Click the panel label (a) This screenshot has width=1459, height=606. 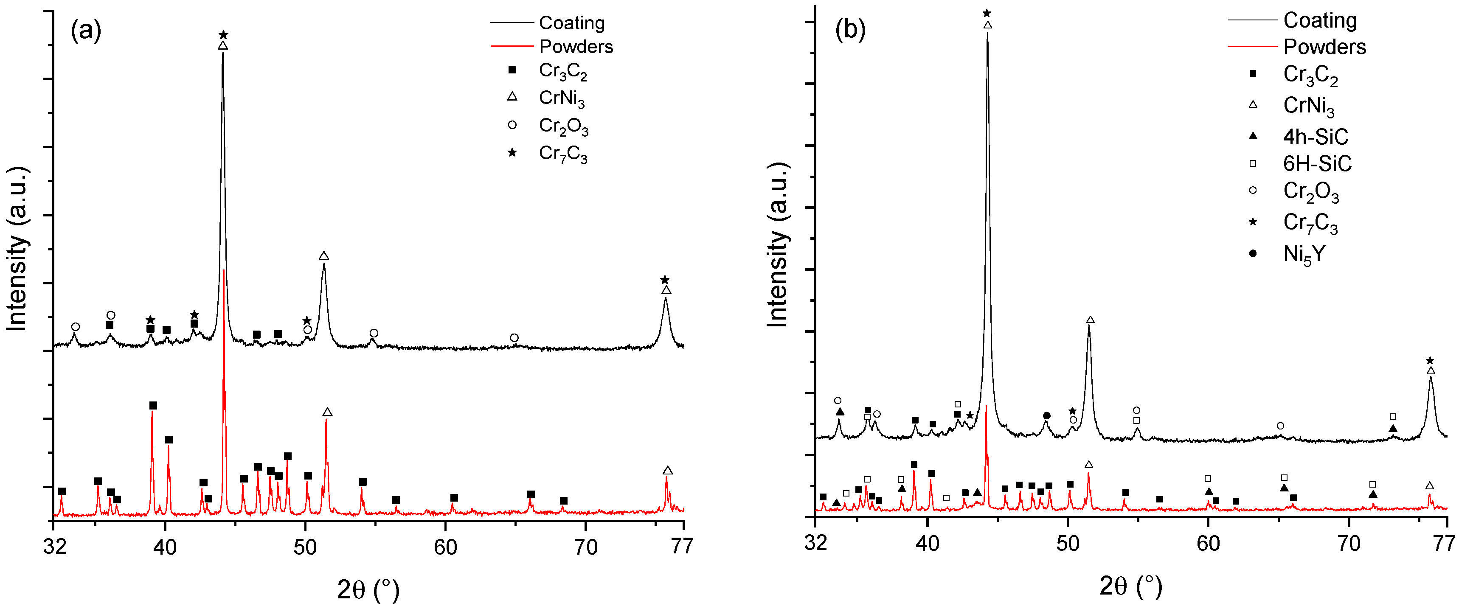85,30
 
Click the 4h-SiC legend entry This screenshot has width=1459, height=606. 1315,137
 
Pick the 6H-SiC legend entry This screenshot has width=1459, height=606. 1317,164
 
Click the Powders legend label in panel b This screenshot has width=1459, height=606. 1324,46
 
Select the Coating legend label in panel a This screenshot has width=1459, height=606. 571,22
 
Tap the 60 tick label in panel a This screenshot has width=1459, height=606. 445,547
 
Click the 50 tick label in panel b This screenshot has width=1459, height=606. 1068,543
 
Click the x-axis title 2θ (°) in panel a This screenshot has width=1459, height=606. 368,589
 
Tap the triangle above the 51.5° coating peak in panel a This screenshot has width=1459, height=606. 324,256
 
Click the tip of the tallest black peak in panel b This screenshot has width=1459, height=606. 987,33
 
